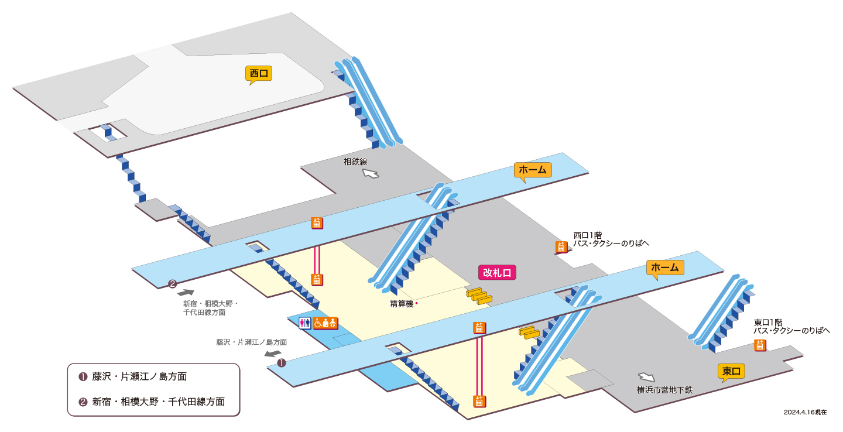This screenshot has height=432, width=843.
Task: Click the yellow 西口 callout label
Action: tap(259, 74)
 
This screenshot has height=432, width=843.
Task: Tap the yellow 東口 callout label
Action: tap(731, 371)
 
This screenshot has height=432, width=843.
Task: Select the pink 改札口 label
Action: tap(497, 272)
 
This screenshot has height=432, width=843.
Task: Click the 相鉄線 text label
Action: tap(355, 162)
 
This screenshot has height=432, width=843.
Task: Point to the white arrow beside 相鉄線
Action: tap(371, 173)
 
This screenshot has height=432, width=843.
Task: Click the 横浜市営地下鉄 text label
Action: tap(664, 390)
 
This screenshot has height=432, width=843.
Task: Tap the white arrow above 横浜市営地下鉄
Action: tap(646, 377)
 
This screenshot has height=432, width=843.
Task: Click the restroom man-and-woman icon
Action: tap(305, 323)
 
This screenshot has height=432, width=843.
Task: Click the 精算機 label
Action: tap(402, 304)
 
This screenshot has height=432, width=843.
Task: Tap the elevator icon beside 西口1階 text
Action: tap(561, 247)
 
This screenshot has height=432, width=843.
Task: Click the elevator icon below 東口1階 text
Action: tap(760, 345)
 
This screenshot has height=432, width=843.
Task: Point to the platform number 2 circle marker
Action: tap(172, 284)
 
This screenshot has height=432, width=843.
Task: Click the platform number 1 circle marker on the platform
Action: tap(282, 363)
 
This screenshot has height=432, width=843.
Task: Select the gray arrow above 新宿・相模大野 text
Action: tap(186, 293)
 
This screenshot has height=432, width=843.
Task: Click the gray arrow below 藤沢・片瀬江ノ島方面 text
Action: tap(273, 354)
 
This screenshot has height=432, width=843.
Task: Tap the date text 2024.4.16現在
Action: tap(806, 413)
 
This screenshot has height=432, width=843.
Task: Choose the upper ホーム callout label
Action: tap(533, 170)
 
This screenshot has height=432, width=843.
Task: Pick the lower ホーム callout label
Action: tap(665, 268)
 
